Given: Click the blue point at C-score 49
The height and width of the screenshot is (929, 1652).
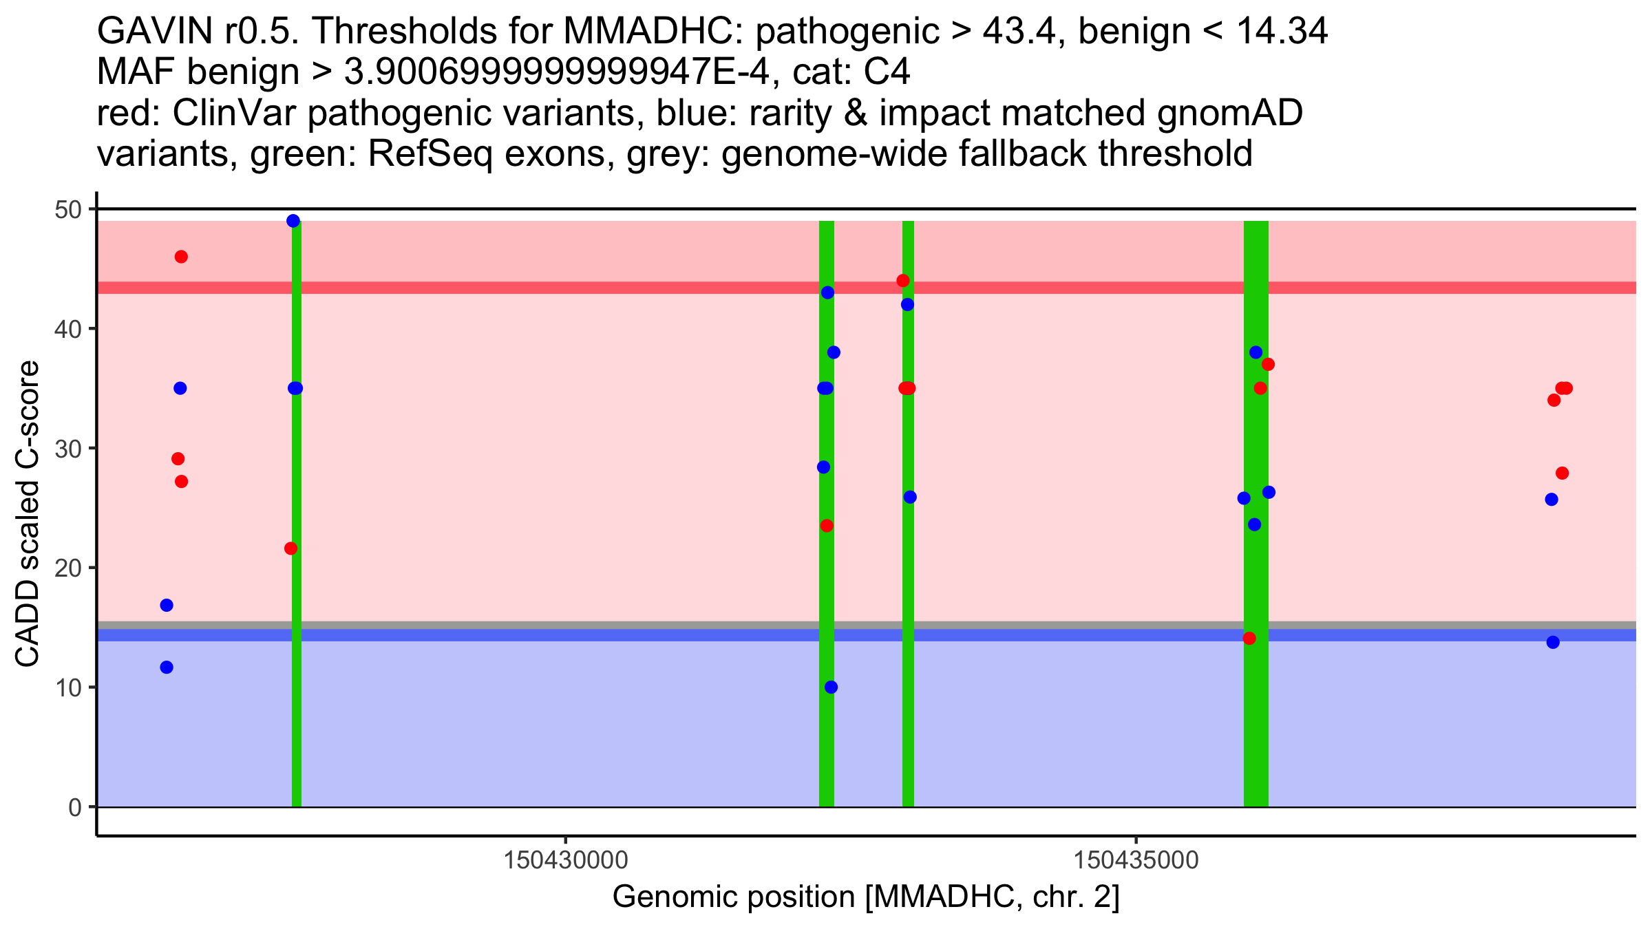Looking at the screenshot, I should (293, 221).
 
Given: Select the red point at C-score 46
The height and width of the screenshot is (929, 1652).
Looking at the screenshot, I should (181, 257).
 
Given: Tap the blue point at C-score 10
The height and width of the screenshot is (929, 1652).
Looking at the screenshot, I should (831, 687).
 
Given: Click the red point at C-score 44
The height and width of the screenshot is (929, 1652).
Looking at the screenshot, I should (903, 281).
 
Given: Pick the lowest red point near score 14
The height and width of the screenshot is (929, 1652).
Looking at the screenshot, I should (1249, 638).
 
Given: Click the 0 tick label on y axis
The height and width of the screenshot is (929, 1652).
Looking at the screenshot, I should (74, 807).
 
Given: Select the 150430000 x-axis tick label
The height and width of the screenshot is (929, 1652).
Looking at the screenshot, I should (566, 860).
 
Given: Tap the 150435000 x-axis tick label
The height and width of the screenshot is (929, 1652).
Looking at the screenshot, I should (1136, 860).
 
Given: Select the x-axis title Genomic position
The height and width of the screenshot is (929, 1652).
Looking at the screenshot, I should (866, 897).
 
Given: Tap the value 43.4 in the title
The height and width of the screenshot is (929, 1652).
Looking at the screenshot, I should (1019, 31).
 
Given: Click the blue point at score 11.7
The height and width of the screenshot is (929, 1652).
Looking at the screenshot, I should (167, 667).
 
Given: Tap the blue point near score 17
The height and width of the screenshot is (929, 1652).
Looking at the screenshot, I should (167, 605).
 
